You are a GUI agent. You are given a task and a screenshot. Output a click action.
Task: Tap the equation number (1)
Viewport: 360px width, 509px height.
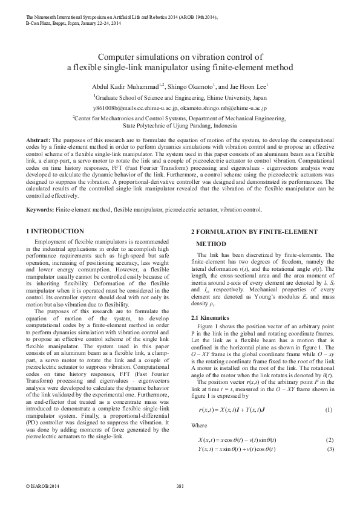click(x=329, y=410)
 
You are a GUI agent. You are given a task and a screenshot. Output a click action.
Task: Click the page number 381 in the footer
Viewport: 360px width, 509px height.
click(x=180, y=487)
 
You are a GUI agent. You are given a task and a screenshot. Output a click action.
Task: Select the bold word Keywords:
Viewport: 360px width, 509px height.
click(x=40, y=210)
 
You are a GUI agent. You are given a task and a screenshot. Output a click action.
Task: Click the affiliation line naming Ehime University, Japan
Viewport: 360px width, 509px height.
click(x=180, y=97)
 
